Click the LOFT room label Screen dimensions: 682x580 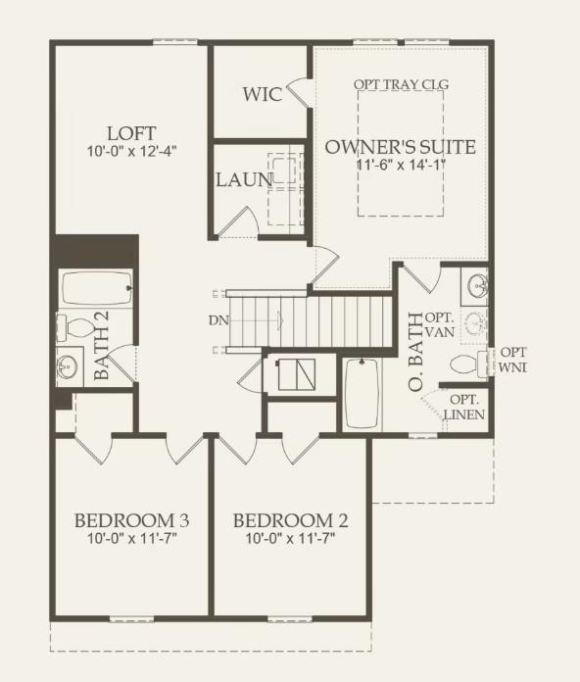[x=131, y=132]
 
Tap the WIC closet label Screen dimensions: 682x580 [x=263, y=94]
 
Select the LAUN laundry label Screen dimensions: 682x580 [x=244, y=180]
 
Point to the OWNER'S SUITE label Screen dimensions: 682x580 [x=400, y=147]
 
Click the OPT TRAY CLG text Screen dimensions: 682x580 [x=401, y=84]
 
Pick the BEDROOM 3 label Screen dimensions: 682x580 [x=131, y=519]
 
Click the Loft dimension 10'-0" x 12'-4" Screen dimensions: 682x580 [x=131, y=151]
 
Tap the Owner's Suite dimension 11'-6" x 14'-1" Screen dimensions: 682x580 [x=400, y=165]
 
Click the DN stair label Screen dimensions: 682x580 [x=217, y=320]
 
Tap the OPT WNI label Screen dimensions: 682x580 [x=513, y=359]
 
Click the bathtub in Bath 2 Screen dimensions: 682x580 [x=97, y=289]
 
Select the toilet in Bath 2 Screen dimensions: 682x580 [x=73, y=325]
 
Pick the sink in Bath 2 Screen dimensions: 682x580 [x=68, y=367]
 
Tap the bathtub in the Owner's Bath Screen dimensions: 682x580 [x=362, y=394]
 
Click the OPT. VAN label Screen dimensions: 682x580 [x=443, y=324]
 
